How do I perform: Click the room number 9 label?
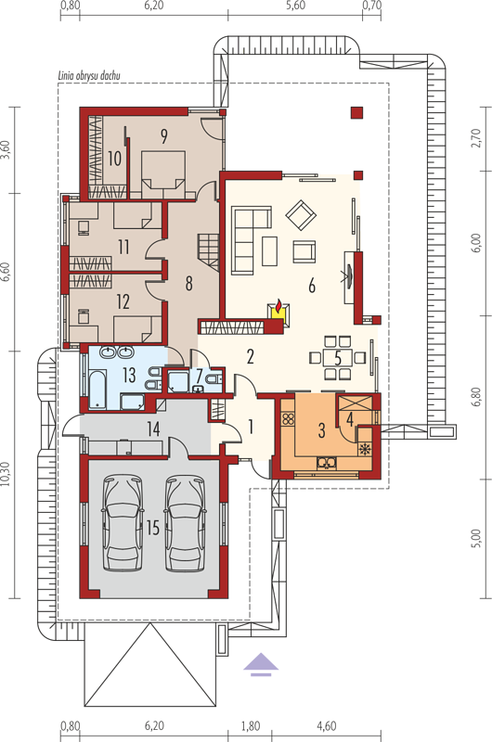(x=163, y=136)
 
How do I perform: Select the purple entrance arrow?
(x=261, y=664)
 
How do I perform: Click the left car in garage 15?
(x=123, y=523)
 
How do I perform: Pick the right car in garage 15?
(x=185, y=523)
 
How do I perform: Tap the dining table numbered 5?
(x=338, y=357)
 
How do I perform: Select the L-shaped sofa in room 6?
(x=251, y=239)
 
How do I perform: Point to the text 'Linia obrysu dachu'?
(x=89, y=75)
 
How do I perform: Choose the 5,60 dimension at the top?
(x=296, y=6)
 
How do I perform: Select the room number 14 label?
(x=153, y=429)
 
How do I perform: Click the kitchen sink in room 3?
(x=327, y=462)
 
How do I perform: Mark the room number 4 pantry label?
(x=350, y=419)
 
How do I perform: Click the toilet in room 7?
(x=214, y=378)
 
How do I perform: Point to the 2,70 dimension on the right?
(x=476, y=138)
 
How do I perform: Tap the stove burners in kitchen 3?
(x=288, y=418)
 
